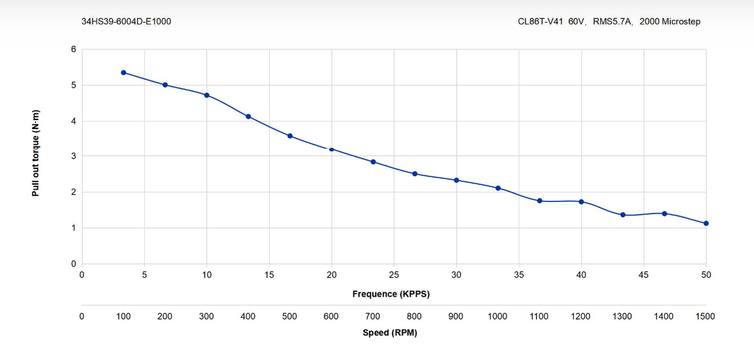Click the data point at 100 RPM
123,73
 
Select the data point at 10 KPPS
206,95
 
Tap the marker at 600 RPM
331,149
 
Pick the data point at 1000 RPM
498,188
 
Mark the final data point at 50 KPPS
706,223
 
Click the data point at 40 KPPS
581,201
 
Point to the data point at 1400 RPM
664,214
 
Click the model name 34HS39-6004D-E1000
126,22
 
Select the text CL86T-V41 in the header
541,22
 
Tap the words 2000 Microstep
670,22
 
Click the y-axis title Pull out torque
36,153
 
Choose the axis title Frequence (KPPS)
391,294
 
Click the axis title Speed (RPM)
389,333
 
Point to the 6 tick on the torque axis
73,49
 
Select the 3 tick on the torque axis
73,156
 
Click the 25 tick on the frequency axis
394,275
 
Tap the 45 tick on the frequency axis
644,275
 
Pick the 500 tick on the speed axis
290,316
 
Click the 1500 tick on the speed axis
705,316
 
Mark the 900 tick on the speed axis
456,316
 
